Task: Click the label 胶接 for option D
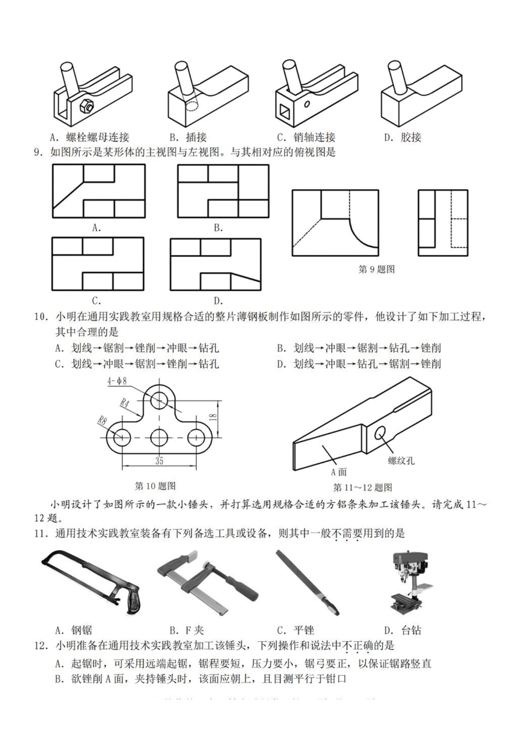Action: coord(411,138)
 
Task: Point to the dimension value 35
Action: coord(159,460)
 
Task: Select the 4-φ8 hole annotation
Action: coord(118,381)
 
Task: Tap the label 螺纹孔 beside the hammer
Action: coord(401,460)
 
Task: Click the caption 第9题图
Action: coord(377,270)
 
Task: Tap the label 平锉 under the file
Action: coord(303,630)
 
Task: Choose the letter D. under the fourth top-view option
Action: coord(219,301)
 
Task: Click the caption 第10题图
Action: coord(156,486)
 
